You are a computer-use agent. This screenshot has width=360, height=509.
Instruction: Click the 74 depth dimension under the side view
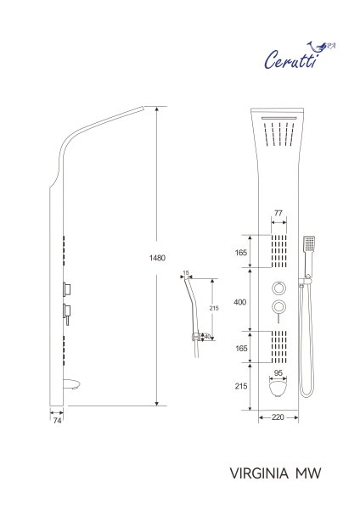57,420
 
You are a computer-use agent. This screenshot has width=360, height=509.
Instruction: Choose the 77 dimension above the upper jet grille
278,215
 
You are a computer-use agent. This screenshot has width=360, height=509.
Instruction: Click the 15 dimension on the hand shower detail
187,273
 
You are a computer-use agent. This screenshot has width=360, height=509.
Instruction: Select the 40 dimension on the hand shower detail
207,336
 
